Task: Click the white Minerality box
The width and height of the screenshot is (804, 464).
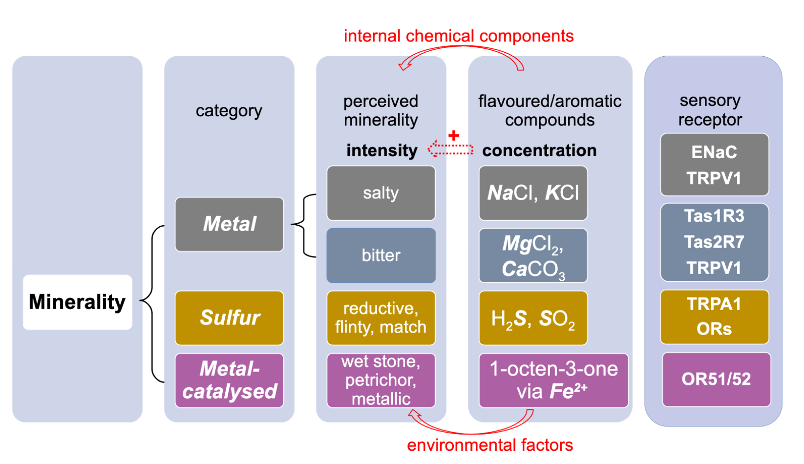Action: (x=77, y=302)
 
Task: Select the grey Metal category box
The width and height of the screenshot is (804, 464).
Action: (x=229, y=224)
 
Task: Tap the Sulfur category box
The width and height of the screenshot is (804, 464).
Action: (x=229, y=318)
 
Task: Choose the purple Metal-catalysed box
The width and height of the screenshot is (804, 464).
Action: (x=229, y=380)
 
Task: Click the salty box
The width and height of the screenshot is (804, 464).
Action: (x=381, y=193)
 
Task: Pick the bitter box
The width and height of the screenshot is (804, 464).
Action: (x=381, y=255)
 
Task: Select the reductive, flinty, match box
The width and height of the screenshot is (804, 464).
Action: (x=381, y=318)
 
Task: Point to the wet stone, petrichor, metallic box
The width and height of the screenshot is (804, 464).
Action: (x=381, y=380)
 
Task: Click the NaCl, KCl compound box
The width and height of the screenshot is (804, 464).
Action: (x=533, y=193)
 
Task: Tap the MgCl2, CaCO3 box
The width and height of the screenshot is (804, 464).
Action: (x=533, y=255)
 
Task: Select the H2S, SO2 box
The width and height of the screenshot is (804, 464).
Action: (x=533, y=318)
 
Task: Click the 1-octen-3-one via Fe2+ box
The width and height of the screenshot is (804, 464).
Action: (x=553, y=380)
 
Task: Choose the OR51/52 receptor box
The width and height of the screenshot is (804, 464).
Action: (x=716, y=379)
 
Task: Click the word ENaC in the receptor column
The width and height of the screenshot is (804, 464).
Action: (x=714, y=152)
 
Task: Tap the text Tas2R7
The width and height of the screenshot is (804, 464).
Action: (x=714, y=242)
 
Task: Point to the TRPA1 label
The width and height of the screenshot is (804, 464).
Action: (x=714, y=304)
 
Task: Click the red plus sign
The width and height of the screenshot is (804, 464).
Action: (x=454, y=135)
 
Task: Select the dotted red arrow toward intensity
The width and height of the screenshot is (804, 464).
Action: (x=450, y=148)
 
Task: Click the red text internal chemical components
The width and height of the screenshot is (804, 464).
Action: (x=458, y=36)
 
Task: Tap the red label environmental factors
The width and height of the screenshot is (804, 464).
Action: (x=489, y=445)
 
